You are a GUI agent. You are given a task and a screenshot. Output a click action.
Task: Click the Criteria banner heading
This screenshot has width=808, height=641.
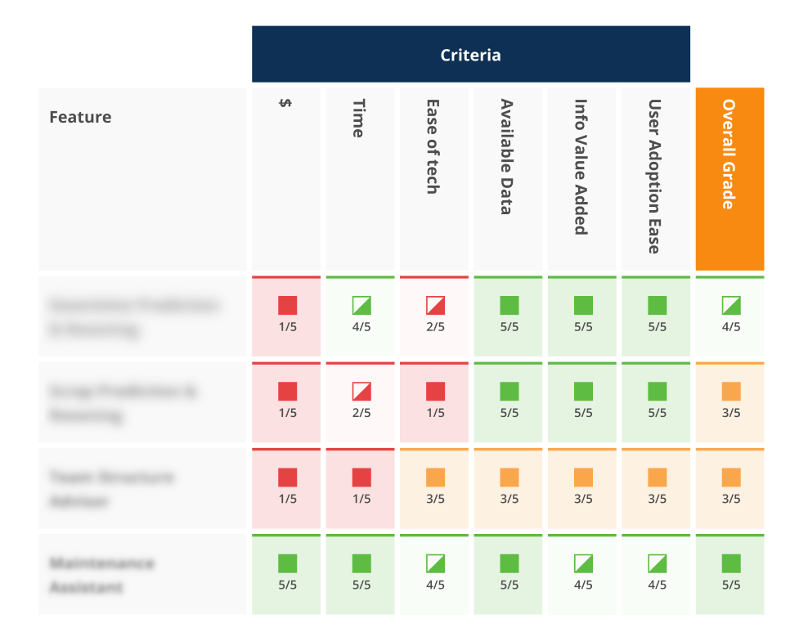(x=470, y=55)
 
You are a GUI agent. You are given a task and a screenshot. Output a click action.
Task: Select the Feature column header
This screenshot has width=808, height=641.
(x=80, y=117)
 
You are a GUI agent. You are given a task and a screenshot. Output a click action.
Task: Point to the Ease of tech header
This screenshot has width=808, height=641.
(x=434, y=146)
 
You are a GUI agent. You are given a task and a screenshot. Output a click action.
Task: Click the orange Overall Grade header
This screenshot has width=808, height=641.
(x=729, y=155)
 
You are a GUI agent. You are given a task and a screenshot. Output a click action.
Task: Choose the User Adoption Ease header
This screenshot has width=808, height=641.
(x=656, y=177)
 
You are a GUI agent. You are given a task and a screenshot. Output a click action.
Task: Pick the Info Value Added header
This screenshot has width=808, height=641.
(x=582, y=167)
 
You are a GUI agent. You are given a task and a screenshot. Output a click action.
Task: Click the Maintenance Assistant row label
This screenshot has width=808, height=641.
(x=101, y=575)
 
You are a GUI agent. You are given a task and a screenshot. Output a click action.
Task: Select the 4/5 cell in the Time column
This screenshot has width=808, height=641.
(x=361, y=316)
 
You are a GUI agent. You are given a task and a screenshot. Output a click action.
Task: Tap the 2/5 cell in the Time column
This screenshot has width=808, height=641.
(x=361, y=401)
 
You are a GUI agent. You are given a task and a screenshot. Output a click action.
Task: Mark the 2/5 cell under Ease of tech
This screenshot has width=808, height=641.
(x=435, y=316)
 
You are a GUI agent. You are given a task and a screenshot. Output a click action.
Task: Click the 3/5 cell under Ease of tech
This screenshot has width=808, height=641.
(x=435, y=487)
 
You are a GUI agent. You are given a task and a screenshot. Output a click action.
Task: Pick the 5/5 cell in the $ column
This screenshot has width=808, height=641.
(x=287, y=573)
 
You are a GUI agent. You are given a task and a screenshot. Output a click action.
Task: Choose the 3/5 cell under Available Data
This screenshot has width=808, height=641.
(x=509, y=487)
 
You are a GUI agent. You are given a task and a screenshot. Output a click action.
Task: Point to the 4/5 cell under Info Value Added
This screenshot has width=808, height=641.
(x=582, y=573)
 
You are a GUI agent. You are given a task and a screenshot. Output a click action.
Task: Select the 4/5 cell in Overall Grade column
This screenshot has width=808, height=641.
(x=730, y=316)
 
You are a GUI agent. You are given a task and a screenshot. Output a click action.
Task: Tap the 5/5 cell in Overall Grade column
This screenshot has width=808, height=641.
(x=730, y=573)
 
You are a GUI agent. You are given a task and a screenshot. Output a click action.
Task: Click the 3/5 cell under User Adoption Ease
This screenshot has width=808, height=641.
(x=657, y=487)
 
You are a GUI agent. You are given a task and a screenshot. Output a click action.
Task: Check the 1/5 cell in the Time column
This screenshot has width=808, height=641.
(x=361, y=487)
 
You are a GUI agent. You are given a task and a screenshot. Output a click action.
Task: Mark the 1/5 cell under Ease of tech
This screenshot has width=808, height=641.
(x=435, y=401)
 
